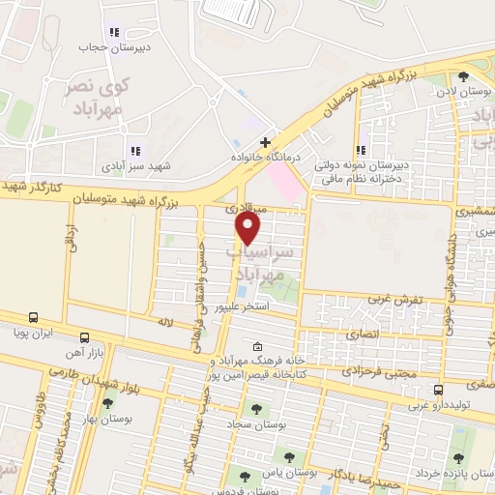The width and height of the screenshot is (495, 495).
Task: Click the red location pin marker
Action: coord(248,228)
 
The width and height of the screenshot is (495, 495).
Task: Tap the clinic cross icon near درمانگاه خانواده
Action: coord(265,143)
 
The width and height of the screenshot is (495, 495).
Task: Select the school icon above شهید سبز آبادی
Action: coord(134,151)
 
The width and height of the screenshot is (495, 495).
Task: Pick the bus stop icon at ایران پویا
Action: coord(33,317)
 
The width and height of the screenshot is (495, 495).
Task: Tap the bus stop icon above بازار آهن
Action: coord(84,338)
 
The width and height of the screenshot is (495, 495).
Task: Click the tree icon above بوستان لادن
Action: coord(463,76)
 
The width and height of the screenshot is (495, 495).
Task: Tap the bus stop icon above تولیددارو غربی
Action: coord(439,390)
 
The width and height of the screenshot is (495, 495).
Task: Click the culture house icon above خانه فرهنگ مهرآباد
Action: coord(256,347)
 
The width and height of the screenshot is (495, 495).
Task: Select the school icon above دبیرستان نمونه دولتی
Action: coord(360,150)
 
